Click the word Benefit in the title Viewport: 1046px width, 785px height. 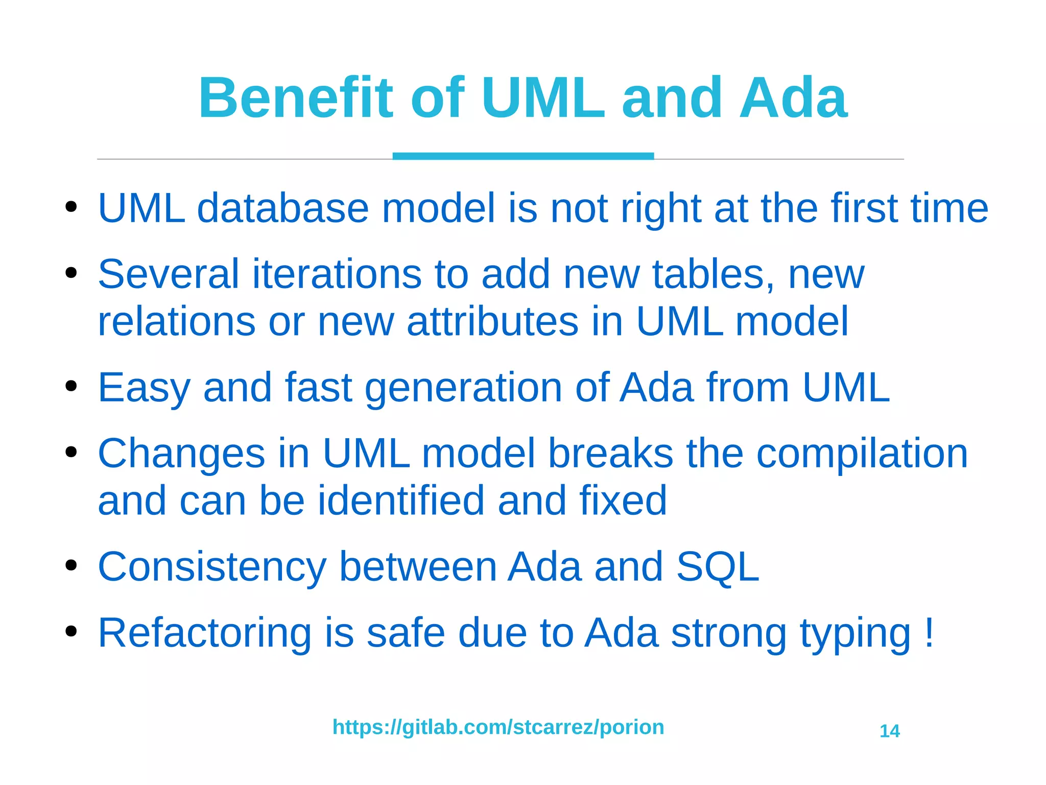point(296,98)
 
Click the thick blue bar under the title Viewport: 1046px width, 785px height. point(523,156)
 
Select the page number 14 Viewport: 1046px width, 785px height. point(890,731)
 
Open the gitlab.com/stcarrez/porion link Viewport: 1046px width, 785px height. point(498,727)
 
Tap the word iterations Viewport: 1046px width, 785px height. point(337,274)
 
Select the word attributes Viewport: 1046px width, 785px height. point(492,321)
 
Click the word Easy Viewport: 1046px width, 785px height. point(144,388)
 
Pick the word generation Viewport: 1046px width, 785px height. point(464,388)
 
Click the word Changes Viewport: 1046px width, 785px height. point(181,454)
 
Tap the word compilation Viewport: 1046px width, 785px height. point(862,454)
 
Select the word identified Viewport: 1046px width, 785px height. point(400,501)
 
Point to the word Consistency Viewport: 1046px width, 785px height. point(212,567)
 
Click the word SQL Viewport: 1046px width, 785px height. point(718,567)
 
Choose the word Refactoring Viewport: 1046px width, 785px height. point(204,633)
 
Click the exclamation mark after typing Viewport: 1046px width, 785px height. point(929,632)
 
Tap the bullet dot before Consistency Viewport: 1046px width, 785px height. point(71,565)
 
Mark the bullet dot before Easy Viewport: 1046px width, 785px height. point(71,386)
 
